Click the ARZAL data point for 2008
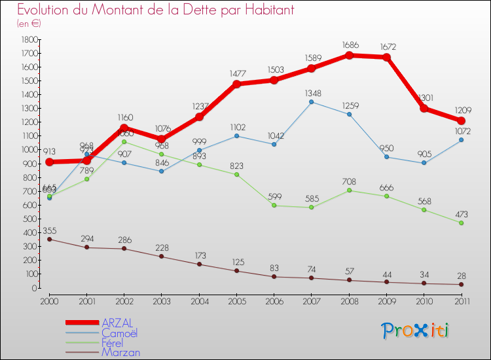(x=349, y=55)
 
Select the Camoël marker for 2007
(x=312, y=101)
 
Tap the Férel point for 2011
(x=462, y=223)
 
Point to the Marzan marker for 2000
(x=49, y=239)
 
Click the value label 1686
(x=349, y=45)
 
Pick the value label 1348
(x=312, y=92)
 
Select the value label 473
(x=462, y=213)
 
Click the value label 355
(x=49, y=230)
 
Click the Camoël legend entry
(x=120, y=333)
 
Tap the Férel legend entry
(x=116, y=342)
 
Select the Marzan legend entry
(x=120, y=352)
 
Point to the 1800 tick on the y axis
(x=29, y=39)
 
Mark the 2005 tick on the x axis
(x=237, y=300)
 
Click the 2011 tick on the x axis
(x=462, y=300)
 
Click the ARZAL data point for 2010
(x=424, y=108)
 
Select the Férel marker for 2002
(x=124, y=141)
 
